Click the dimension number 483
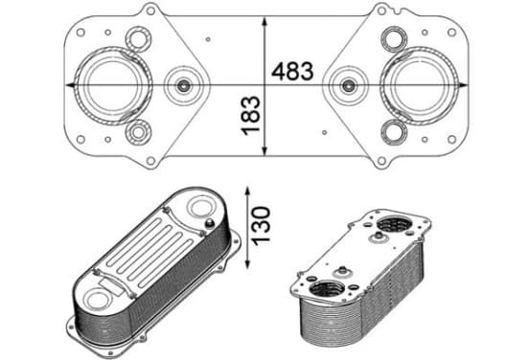292,71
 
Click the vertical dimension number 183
251,116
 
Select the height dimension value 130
261,226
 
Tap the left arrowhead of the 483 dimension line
70,85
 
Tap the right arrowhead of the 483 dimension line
463,85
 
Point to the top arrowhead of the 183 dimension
264,22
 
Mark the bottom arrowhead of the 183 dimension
264,150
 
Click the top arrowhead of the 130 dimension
248,191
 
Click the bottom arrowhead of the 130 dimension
248,263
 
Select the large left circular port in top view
113,86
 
